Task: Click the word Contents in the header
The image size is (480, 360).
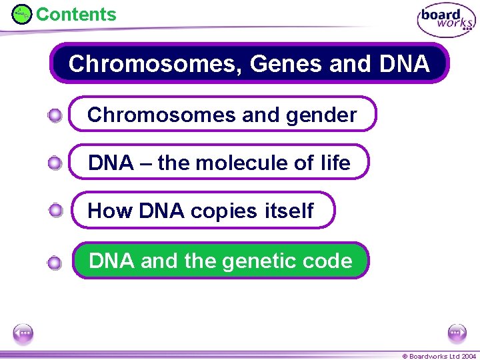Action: pyautogui.click(x=75, y=14)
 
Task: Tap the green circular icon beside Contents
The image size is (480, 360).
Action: pyautogui.click(x=22, y=14)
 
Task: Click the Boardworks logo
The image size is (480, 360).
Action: pyautogui.click(x=445, y=21)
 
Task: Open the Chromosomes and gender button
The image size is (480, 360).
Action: pyautogui.click(x=223, y=115)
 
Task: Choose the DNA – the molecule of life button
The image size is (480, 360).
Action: pyautogui.click(x=219, y=163)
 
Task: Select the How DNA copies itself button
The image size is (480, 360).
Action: pyautogui.click(x=202, y=211)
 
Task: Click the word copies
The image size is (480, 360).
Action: pyautogui.click(x=223, y=211)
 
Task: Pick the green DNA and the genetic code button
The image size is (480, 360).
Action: pyautogui.click(x=221, y=260)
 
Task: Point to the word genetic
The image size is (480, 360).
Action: pyautogui.click(x=255, y=260)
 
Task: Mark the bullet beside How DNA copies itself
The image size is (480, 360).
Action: pyautogui.click(x=55, y=211)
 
